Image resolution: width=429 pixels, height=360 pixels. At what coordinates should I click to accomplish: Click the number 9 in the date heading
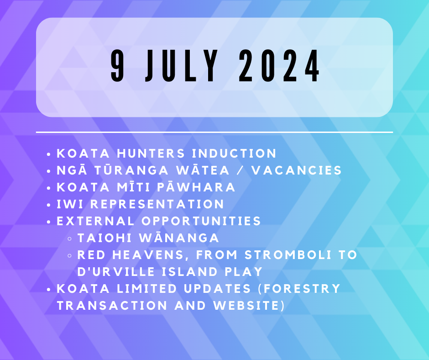pyautogui.click(x=117, y=66)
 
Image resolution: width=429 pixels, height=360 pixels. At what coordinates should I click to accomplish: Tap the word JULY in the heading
pyautogui.click(x=181, y=66)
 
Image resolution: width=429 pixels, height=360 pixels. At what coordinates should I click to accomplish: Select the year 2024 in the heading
pyautogui.click(x=279, y=66)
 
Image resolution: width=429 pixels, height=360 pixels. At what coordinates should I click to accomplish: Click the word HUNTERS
pyautogui.click(x=151, y=154)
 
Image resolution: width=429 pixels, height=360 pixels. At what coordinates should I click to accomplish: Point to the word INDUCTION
pyautogui.click(x=234, y=154)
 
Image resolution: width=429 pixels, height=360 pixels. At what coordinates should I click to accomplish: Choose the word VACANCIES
pyautogui.click(x=297, y=170)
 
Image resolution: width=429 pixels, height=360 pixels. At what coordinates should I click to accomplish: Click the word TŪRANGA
pyautogui.click(x=131, y=170)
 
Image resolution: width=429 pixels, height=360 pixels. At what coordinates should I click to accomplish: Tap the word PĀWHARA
pyautogui.click(x=196, y=187)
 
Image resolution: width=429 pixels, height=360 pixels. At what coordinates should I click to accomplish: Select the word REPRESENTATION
pyautogui.click(x=157, y=204)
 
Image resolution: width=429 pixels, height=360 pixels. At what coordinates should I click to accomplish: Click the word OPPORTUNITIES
pyautogui.click(x=201, y=221)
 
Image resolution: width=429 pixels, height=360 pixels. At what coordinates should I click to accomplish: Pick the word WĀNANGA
pyautogui.click(x=179, y=238)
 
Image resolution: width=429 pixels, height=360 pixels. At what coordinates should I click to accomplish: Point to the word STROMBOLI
pyautogui.click(x=288, y=255)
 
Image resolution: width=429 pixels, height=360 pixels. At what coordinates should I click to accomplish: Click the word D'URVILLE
pyautogui.click(x=116, y=272)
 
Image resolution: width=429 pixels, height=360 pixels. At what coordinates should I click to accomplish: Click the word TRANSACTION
pyautogui.click(x=112, y=306)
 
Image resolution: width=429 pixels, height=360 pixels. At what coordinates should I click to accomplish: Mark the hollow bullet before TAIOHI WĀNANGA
pyautogui.click(x=69, y=238)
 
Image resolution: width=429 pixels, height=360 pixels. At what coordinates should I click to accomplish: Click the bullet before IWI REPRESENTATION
pyautogui.click(x=49, y=205)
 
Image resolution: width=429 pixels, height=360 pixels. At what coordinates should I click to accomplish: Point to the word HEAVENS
pyautogui.click(x=148, y=255)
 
